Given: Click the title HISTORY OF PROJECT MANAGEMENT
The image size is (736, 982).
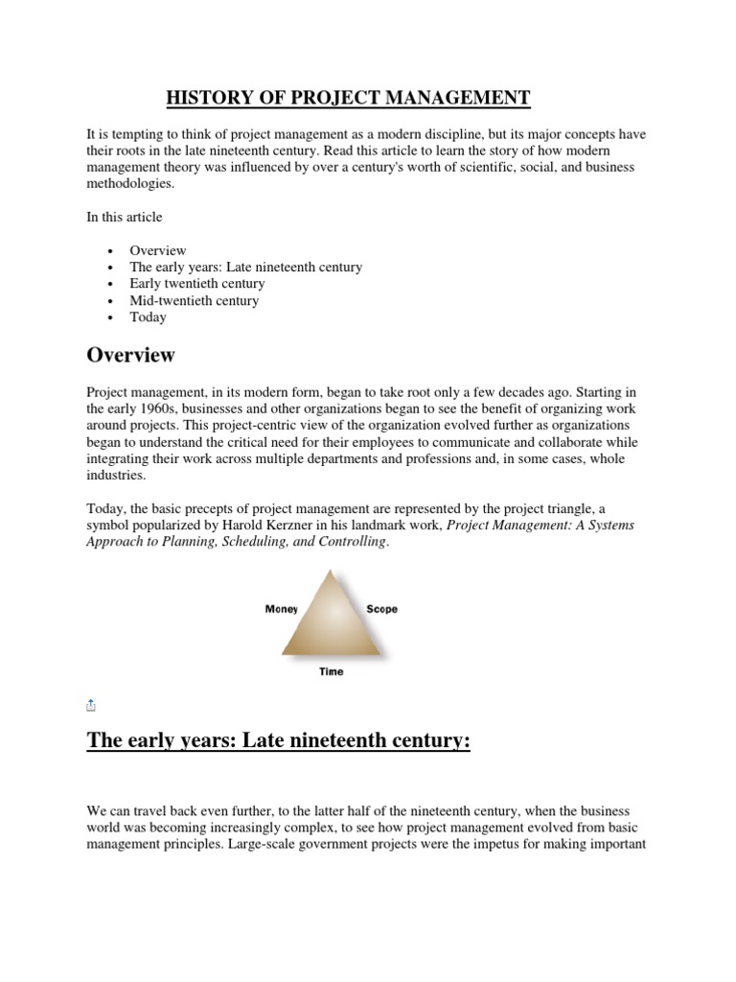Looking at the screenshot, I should click(348, 98).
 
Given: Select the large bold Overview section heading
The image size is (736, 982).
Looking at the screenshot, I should click(130, 355).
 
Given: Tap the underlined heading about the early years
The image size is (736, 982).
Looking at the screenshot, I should click(278, 740).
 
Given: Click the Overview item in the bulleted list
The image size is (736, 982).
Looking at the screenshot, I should click(158, 250).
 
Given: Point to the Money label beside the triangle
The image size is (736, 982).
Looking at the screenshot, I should click(282, 609).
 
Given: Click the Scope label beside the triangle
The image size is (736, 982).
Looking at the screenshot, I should click(381, 609).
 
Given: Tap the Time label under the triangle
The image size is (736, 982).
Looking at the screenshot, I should click(331, 671).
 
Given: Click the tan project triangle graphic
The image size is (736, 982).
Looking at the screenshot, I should click(332, 619).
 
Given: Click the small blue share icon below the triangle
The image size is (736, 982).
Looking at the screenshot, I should click(91, 705).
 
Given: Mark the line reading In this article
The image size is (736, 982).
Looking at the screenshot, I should click(124, 218).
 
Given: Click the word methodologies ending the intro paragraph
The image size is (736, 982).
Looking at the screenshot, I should click(130, 183).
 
